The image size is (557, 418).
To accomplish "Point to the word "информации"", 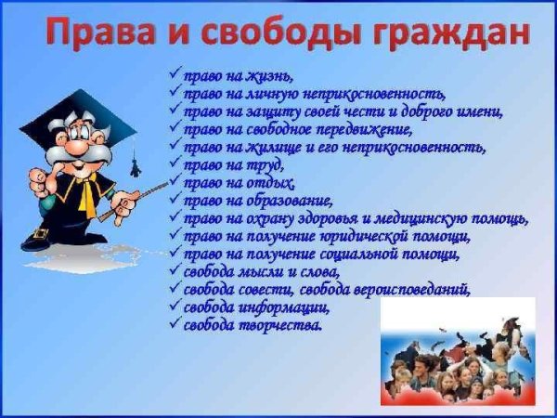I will pyautogui.click(x=284, y=307).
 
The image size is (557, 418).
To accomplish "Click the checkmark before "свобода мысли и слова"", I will pyautogui.click(x=175, y=271).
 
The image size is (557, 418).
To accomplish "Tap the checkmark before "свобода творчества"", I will pyautogui.click(x=175, y=324).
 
